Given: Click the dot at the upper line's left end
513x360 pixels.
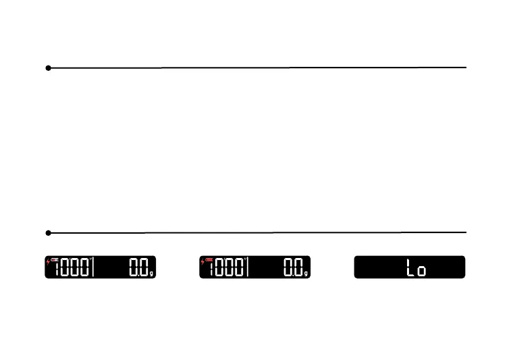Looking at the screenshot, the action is point(49,68).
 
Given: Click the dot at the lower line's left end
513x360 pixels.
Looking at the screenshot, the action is point(49,233).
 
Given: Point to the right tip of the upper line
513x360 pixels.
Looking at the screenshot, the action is point(466,68).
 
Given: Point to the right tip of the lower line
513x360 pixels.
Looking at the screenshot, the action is point(466,232).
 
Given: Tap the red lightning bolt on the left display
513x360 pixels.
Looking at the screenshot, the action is point(47,261).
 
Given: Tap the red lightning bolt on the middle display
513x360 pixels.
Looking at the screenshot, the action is point(202,261).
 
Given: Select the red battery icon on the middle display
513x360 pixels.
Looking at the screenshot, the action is point(209,259).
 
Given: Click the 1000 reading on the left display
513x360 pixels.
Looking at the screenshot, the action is point(72,269).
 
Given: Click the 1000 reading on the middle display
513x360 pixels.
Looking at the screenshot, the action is point(227,269).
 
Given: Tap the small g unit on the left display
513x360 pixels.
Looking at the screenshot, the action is point(152,274).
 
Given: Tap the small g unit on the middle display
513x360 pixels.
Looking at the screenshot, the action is point(306,274).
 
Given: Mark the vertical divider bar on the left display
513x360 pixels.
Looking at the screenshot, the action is point(93,268).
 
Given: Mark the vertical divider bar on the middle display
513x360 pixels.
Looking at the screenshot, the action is point(248,268).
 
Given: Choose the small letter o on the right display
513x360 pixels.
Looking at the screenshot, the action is point(421,272).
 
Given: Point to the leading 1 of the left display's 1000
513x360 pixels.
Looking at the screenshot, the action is point(58,269).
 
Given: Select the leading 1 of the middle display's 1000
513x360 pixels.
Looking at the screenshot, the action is point(213,269).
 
